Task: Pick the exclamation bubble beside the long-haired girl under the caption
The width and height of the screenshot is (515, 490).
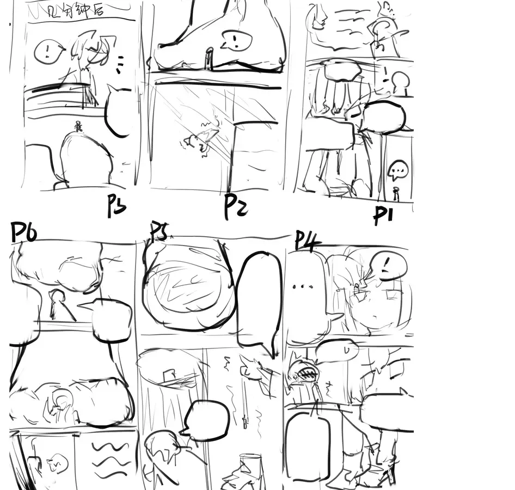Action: (48, 52)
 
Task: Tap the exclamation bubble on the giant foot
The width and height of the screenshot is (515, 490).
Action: (236, 40)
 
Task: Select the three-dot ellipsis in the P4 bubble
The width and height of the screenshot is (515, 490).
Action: (301, 286)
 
